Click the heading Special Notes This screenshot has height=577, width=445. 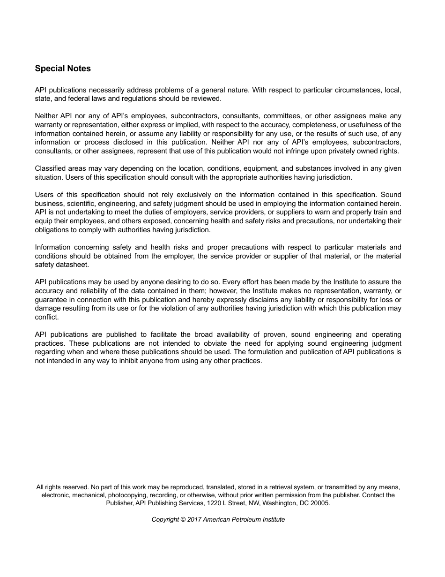[x=63, y=68]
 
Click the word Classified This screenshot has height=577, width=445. [x=50, y=168]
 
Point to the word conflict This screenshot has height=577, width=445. [x=46, y=317]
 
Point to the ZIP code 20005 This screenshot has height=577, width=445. [x=320, y=503]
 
